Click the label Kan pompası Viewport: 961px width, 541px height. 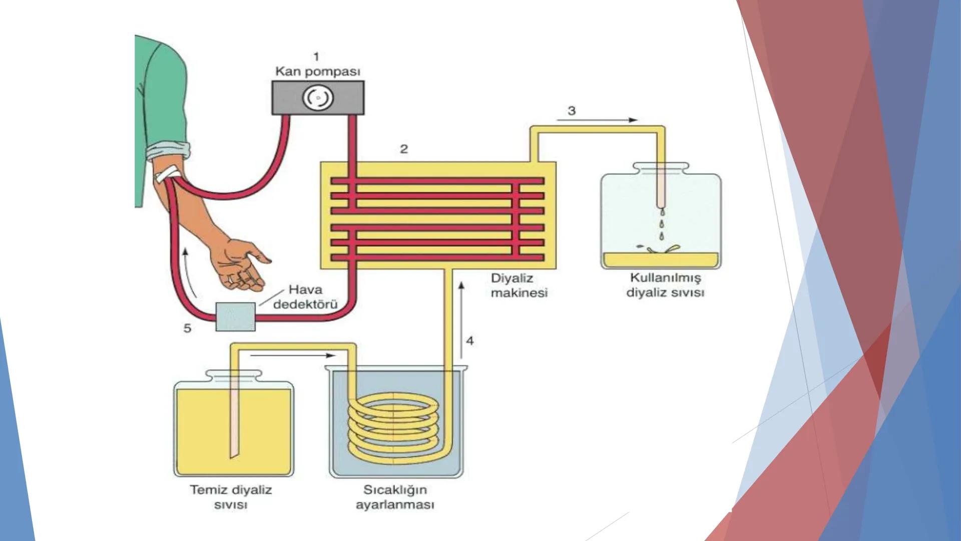pyautogui.click(x=317, y=71)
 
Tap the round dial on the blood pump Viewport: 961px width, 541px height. pyautogui.click(x=318, y=98)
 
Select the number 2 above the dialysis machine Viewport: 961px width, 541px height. pyautogui.click(x=404, y=149)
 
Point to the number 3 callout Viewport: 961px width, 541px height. pyautogui.click(x=572, y=110)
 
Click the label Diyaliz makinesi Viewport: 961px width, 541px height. pyautogui.click(x=519, y=286)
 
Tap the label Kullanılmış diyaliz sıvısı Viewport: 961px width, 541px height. pyautogui.click(x=665, y=285)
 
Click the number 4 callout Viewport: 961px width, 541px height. pyautogui.click(x=470, y=341)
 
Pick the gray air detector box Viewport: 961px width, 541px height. pyautogui.click(x=235, y=317)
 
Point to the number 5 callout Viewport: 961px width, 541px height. pyautogui.click(x=187, y=328)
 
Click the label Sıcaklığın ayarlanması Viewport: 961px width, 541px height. pyautogui.click(x=395, y=497)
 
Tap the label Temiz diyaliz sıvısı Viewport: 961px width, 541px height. pyautogui.click(x=231, y=497)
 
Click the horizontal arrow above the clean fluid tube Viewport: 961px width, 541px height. pyautogui.click(x=292, y=355)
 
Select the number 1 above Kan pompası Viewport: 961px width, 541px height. pyautogui.click(x=316, y=57)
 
